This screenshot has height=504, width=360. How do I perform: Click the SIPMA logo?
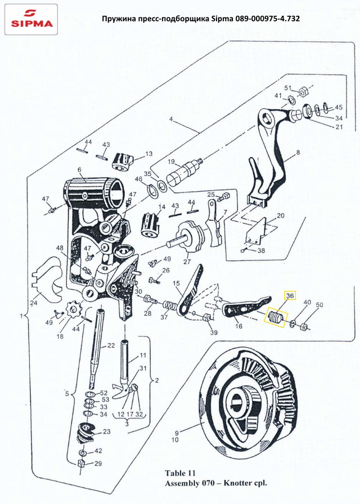click(x=31, y=19)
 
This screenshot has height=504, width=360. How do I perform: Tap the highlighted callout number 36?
click(x=290, y=296)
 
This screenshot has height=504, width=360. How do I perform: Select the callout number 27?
click(x=187, y=262)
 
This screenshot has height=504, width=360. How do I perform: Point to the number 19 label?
click(x=171, y=161)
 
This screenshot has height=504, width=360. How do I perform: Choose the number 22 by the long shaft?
click(x=111, y=345)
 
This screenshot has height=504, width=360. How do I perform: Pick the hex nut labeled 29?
click(x=82, y=464)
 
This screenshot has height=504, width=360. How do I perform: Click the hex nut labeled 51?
click(x=303, y=92)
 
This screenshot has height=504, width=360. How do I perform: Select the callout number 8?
click(x=298, y=152)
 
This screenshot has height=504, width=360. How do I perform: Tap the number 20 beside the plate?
click(x=281, y=215)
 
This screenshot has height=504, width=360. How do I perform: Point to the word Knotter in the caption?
click(x=238, y=483)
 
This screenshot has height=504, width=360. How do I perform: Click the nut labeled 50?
click(x=303, y=327)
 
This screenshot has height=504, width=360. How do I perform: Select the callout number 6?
click(x=79, y=170)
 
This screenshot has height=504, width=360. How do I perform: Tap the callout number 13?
click(x=149, y=154)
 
